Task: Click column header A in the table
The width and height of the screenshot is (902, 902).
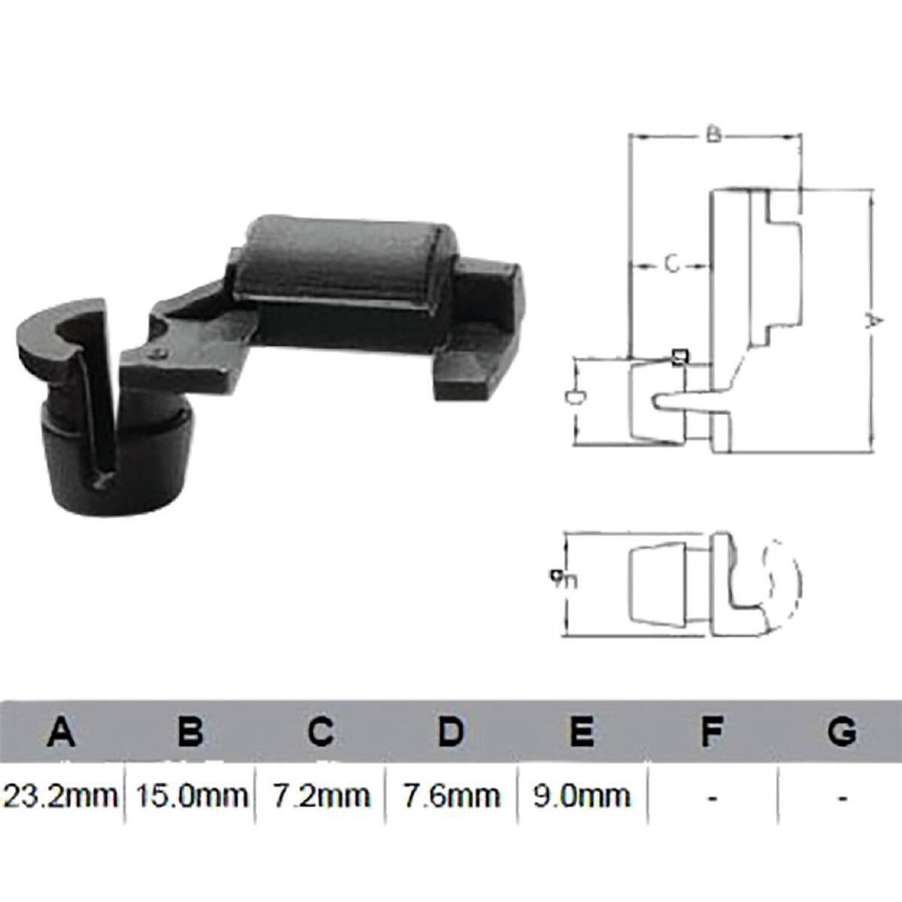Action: pos(62,731)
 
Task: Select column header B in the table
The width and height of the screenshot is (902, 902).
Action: pos(191,731)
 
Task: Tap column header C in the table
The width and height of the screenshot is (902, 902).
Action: pos(321,731)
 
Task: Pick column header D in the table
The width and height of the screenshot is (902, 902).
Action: pos(451,731)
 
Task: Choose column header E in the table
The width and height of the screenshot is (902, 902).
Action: pos(582,731)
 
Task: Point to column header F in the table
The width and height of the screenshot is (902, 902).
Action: pos(712,731)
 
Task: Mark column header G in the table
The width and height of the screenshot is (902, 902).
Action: pos(842,731)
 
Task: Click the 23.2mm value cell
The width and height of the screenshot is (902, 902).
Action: pos(62,795)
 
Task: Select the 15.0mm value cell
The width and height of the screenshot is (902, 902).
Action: pos(191,795)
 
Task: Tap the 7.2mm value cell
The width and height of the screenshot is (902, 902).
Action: pos(321,795)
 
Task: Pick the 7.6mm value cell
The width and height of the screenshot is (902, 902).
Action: pos(451,795)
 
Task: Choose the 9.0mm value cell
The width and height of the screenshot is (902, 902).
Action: pos(582,795)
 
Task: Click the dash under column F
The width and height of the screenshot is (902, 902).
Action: pos(712,797)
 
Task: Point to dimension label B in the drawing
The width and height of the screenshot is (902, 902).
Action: pos(714,135)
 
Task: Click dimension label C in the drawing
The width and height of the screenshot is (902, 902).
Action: pos(672,264)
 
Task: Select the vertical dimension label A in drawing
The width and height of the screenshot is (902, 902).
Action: pos(872,322)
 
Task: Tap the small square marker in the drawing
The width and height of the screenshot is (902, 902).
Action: pos(680,356)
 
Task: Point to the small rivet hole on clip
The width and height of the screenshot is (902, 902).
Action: pos(156,351)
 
